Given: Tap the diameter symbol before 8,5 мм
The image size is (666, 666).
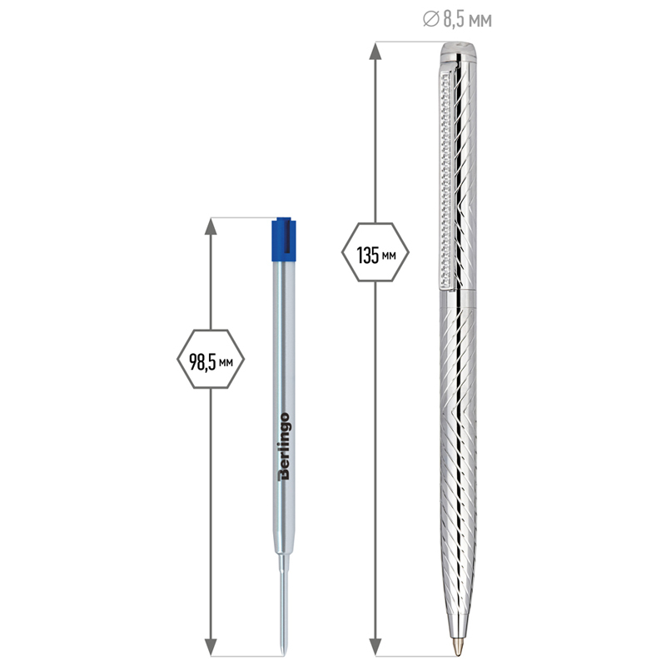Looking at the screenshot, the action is (x=430, y=19).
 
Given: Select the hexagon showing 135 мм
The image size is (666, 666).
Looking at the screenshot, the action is (x=375, y=252).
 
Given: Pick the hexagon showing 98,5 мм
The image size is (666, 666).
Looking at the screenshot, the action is (x=211, y=359).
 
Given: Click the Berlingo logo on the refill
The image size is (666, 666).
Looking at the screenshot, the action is (x=284, y=446).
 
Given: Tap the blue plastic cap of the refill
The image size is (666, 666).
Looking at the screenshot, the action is (x=284, y=239).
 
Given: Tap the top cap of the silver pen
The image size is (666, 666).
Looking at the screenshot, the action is (x=458, y=51).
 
